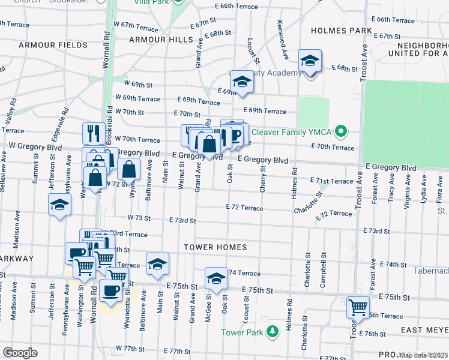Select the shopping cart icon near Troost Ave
point(358,307)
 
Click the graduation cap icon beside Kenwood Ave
point(310,61)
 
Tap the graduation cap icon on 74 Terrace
point(216,278)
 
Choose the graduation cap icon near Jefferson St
point(59,205)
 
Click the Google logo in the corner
point(20,352)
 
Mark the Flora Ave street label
point(439,187)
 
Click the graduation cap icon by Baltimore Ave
point(157,264)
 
